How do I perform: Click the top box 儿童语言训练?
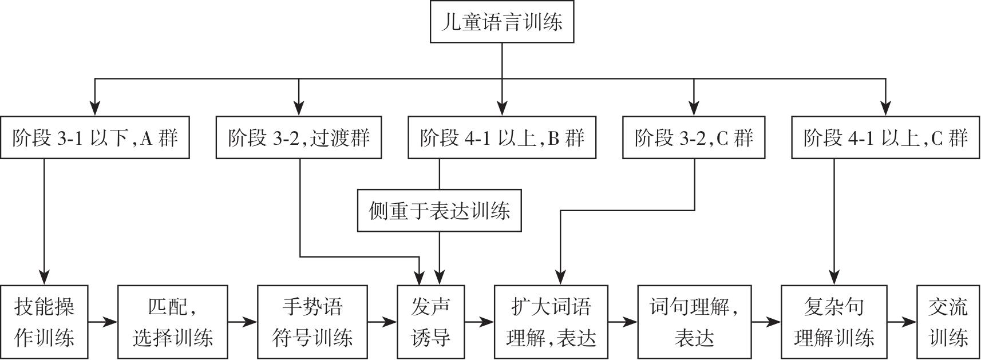[502, 22]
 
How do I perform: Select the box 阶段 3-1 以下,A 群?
[95, 137]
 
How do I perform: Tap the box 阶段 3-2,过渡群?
[299, 137]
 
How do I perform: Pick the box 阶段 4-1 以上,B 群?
[502, 137]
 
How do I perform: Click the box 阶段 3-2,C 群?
[694, 137]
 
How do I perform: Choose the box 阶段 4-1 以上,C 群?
[885, 137]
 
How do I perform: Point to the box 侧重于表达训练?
[440, 211]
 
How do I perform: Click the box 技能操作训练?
[44, 322]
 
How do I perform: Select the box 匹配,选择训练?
[173, 322]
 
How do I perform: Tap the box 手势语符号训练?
[313, 322]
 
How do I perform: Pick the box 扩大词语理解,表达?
[551, 322]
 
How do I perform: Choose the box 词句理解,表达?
[694, 322]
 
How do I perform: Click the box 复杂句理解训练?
[834, 322]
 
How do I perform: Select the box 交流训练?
[948, 322]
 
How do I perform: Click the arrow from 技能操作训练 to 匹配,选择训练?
[103, 322]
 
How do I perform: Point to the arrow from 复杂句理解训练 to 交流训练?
[902, 322]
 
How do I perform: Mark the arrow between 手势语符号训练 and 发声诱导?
[383, 322]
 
